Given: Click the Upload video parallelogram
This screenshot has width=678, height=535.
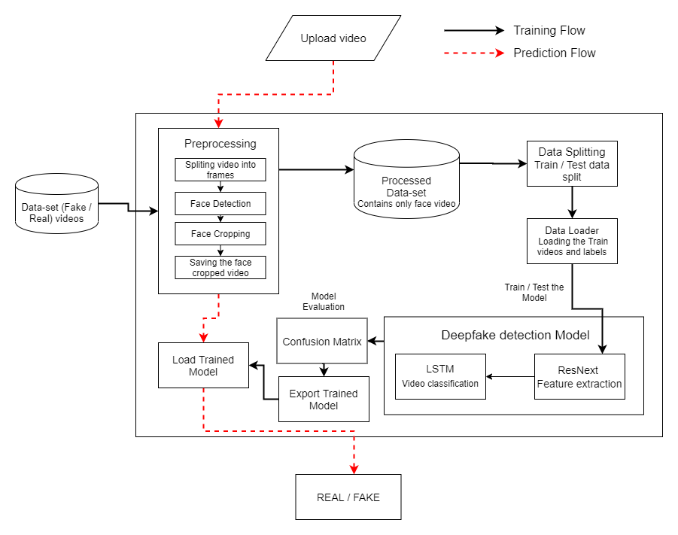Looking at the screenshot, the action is point(333,38).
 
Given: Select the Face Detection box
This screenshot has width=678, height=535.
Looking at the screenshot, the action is point(220,203).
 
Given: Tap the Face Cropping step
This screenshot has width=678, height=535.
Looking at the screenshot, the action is point(220,233).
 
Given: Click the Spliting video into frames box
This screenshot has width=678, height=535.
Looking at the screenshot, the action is point(220,169).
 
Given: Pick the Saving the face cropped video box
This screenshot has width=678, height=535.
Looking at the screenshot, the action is point(220,267).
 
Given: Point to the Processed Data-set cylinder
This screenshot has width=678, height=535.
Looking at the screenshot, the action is point(406,178).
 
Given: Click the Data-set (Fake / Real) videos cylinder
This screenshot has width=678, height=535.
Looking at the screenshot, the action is point(56,204).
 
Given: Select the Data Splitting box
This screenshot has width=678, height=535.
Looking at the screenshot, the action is point(572,163).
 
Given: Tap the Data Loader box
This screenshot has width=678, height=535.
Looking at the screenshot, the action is point(572,241).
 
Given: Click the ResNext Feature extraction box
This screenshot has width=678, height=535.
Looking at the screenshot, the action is point(579,376).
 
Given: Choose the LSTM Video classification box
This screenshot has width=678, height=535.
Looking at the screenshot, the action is point(440,376).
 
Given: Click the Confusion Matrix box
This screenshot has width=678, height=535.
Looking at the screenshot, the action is point(322,341).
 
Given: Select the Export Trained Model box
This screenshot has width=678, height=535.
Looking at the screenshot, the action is point(324,399).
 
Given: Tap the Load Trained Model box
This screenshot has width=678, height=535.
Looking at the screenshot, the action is point(203,365).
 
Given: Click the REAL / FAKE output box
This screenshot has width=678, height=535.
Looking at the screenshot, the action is point(348,497).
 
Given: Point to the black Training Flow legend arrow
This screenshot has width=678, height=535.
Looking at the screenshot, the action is point(474,30).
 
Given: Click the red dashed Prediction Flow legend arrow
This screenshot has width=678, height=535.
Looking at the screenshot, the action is point(474,53).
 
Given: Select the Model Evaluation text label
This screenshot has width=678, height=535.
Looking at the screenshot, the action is point(324,302).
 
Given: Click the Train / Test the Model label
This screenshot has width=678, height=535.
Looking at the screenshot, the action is point(534,293).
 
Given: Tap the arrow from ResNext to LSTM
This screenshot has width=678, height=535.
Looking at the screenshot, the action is point(510,376).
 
